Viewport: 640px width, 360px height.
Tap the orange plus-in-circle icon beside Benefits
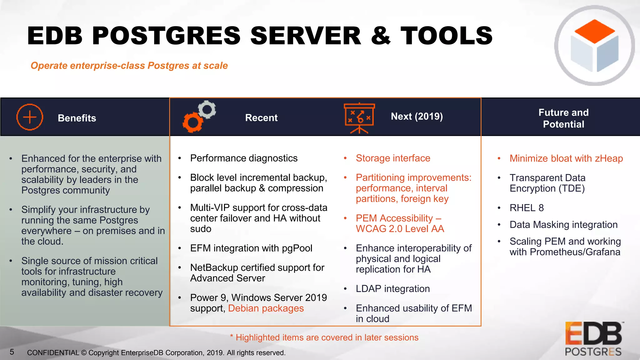[x=30, y=117]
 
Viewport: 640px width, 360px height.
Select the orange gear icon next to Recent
[x=192, y=122]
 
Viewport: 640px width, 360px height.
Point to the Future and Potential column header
[x=563, y=118]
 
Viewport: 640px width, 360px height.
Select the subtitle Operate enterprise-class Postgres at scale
[x=129, y=66]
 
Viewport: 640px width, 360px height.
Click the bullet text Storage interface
[x=393, y=158]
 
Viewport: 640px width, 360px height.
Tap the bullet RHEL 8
[x=527, y=208]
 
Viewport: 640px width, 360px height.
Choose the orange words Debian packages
[x=266, y=308]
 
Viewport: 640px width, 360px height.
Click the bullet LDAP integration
[x=392, y=289]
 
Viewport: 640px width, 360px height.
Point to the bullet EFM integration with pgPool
[x=251, y=248]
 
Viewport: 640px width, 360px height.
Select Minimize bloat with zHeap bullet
[x=566, y=158]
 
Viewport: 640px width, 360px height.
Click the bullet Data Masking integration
[x=563, y=225]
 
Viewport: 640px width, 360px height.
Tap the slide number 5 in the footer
[x=12, y=352]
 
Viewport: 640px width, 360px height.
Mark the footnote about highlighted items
[x=324, y=337]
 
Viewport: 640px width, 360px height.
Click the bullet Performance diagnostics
[x=244, y=158]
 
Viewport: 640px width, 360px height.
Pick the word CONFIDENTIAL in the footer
[x=53, y=353]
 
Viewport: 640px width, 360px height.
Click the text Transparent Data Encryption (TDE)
[x=547, y=183]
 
